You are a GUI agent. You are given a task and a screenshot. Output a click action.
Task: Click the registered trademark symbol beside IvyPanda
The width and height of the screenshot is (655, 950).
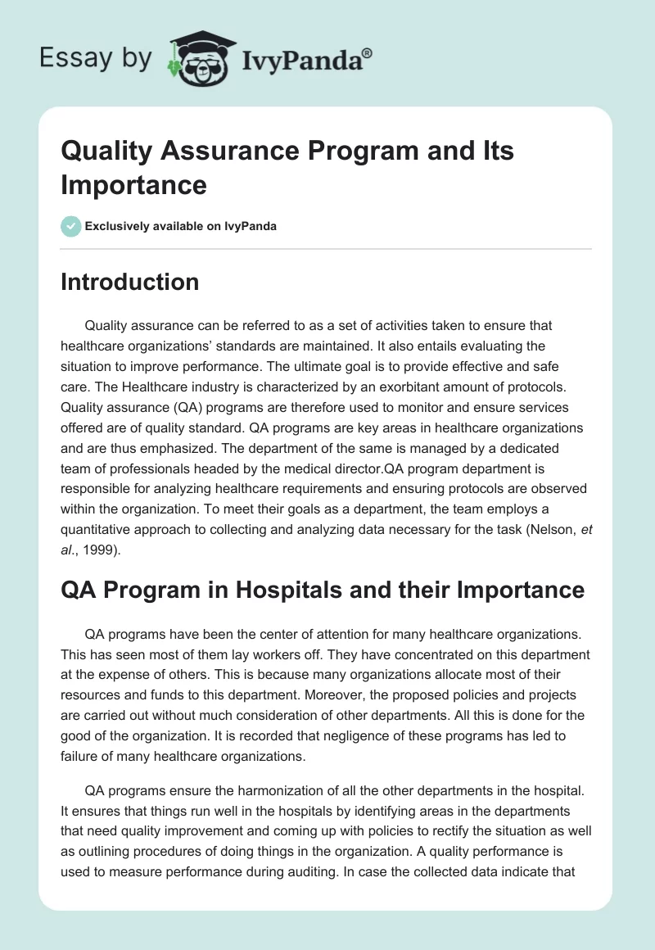[367, 53]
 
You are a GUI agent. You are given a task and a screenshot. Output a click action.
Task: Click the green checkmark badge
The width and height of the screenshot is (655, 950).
[71, 226]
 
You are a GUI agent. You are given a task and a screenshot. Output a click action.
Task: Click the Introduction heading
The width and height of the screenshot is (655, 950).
[130, 282]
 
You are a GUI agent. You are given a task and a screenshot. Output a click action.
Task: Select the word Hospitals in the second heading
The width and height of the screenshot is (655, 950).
[267, 590]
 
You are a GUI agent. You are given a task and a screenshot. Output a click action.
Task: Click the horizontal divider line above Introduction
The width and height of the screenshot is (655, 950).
[326, 249]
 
